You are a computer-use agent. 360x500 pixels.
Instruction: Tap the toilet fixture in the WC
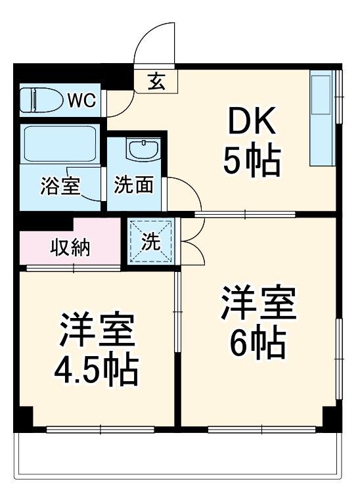tap(41, 101)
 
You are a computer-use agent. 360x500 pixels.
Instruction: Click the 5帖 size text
tap(252, 160)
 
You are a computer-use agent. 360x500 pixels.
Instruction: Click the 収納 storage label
tap(70, 248)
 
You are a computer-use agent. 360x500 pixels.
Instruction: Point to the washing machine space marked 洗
tap(152, 242)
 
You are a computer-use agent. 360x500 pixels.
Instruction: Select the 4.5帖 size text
tap(97, 371)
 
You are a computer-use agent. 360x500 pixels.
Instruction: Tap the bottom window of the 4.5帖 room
tap(100, 430)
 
